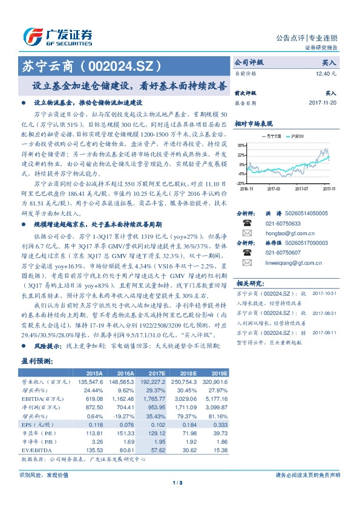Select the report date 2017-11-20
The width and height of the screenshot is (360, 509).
tap(321, 103)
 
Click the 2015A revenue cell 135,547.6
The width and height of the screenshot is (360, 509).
tap(90, 382)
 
